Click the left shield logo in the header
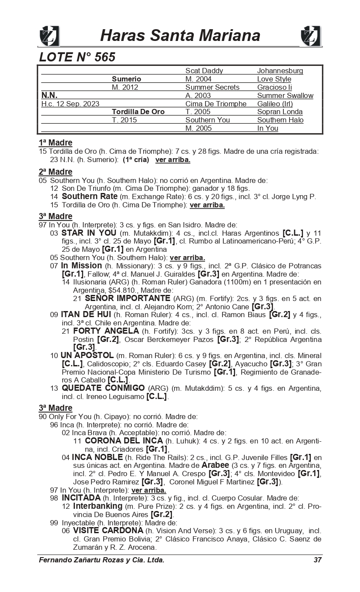pos(49,36)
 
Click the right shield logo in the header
pos(311,36)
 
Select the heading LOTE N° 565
pos(77,57)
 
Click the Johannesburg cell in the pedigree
pos(280,71)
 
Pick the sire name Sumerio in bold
pos(126,79)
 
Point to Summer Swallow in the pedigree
pos(285,96)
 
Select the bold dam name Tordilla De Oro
pos(138,112)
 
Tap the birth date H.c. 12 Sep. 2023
pos(70,104)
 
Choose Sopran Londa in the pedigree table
pos(280,112)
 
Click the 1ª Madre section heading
pos(55,143)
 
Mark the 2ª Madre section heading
pos(55,172)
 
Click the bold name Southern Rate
pos(90,196)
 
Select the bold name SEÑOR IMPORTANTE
pos(128,298)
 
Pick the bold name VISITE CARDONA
pos(108,531)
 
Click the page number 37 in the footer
pos(317,560)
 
